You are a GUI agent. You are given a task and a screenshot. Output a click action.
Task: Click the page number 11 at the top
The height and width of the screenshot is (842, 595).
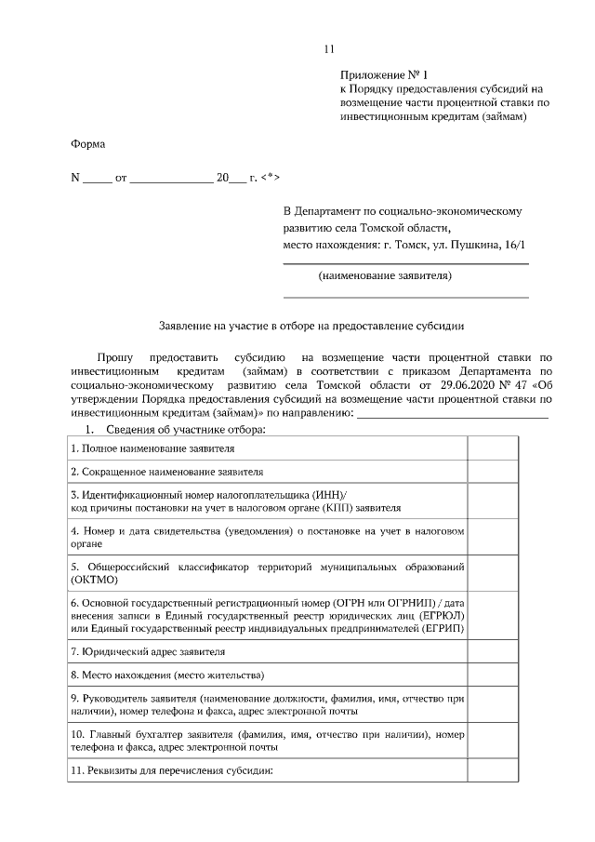327,49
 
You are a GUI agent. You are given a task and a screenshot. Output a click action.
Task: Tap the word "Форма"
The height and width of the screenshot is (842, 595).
88,144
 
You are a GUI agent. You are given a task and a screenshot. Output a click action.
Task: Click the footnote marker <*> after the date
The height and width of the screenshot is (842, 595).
270,176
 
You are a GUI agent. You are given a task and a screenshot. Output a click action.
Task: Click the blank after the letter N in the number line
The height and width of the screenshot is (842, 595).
98,177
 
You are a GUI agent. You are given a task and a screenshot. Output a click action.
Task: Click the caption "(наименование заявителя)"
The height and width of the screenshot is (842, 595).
385,276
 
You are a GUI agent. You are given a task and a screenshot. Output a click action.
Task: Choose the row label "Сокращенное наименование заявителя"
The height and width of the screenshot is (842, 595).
167,472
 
